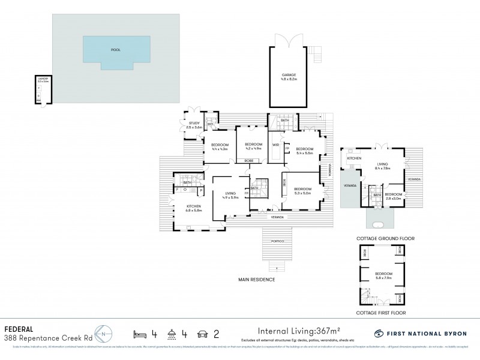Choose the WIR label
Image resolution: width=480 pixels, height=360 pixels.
pos(275,145)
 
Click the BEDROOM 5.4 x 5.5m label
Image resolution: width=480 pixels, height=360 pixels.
pos(304,151)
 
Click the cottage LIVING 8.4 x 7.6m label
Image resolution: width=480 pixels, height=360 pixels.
pos(382,166)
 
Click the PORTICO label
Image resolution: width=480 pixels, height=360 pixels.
pos(277,241)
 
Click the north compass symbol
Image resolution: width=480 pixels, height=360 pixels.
pos(105,334)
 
